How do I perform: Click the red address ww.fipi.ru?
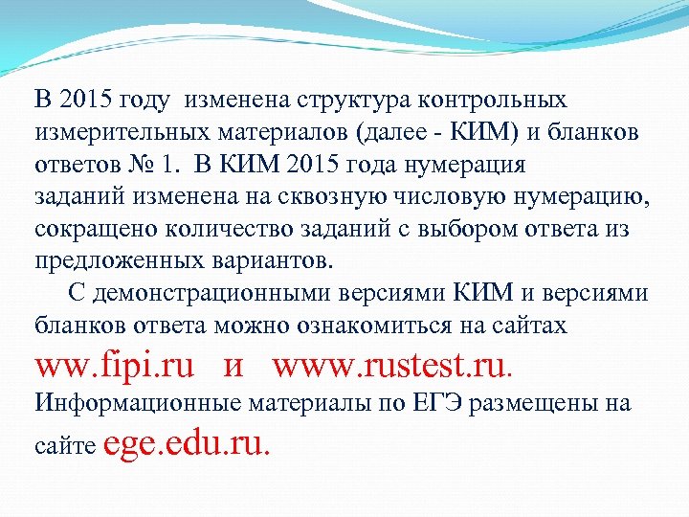[x=115, y=365]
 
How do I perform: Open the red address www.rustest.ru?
[x=393, y=365]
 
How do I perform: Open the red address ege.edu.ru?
[x=186, y=443]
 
